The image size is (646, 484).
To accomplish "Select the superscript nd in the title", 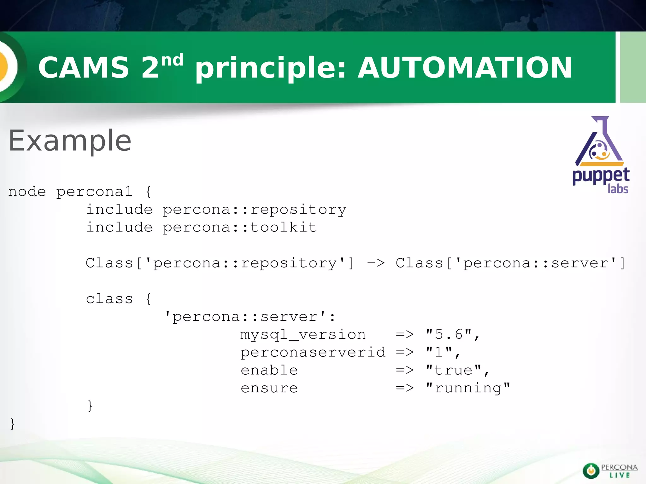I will (172, 60).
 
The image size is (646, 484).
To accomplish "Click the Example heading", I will (70, 141).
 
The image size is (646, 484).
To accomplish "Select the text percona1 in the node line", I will (94, 192).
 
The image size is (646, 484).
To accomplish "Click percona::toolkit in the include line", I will (239, 227).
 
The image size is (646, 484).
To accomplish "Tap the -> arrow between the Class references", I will (376, 263).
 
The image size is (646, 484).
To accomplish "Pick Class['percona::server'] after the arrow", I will (510, 263).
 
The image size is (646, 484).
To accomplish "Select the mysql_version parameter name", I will (303, 334).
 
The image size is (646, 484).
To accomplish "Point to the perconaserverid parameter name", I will (313, 352).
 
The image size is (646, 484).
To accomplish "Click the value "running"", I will (468, 388).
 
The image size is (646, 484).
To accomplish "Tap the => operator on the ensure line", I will (405, 388).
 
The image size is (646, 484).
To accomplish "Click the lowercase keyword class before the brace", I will (109, 299).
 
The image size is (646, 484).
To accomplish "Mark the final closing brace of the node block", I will (12, 423).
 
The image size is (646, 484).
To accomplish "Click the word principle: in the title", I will (271, 67).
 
